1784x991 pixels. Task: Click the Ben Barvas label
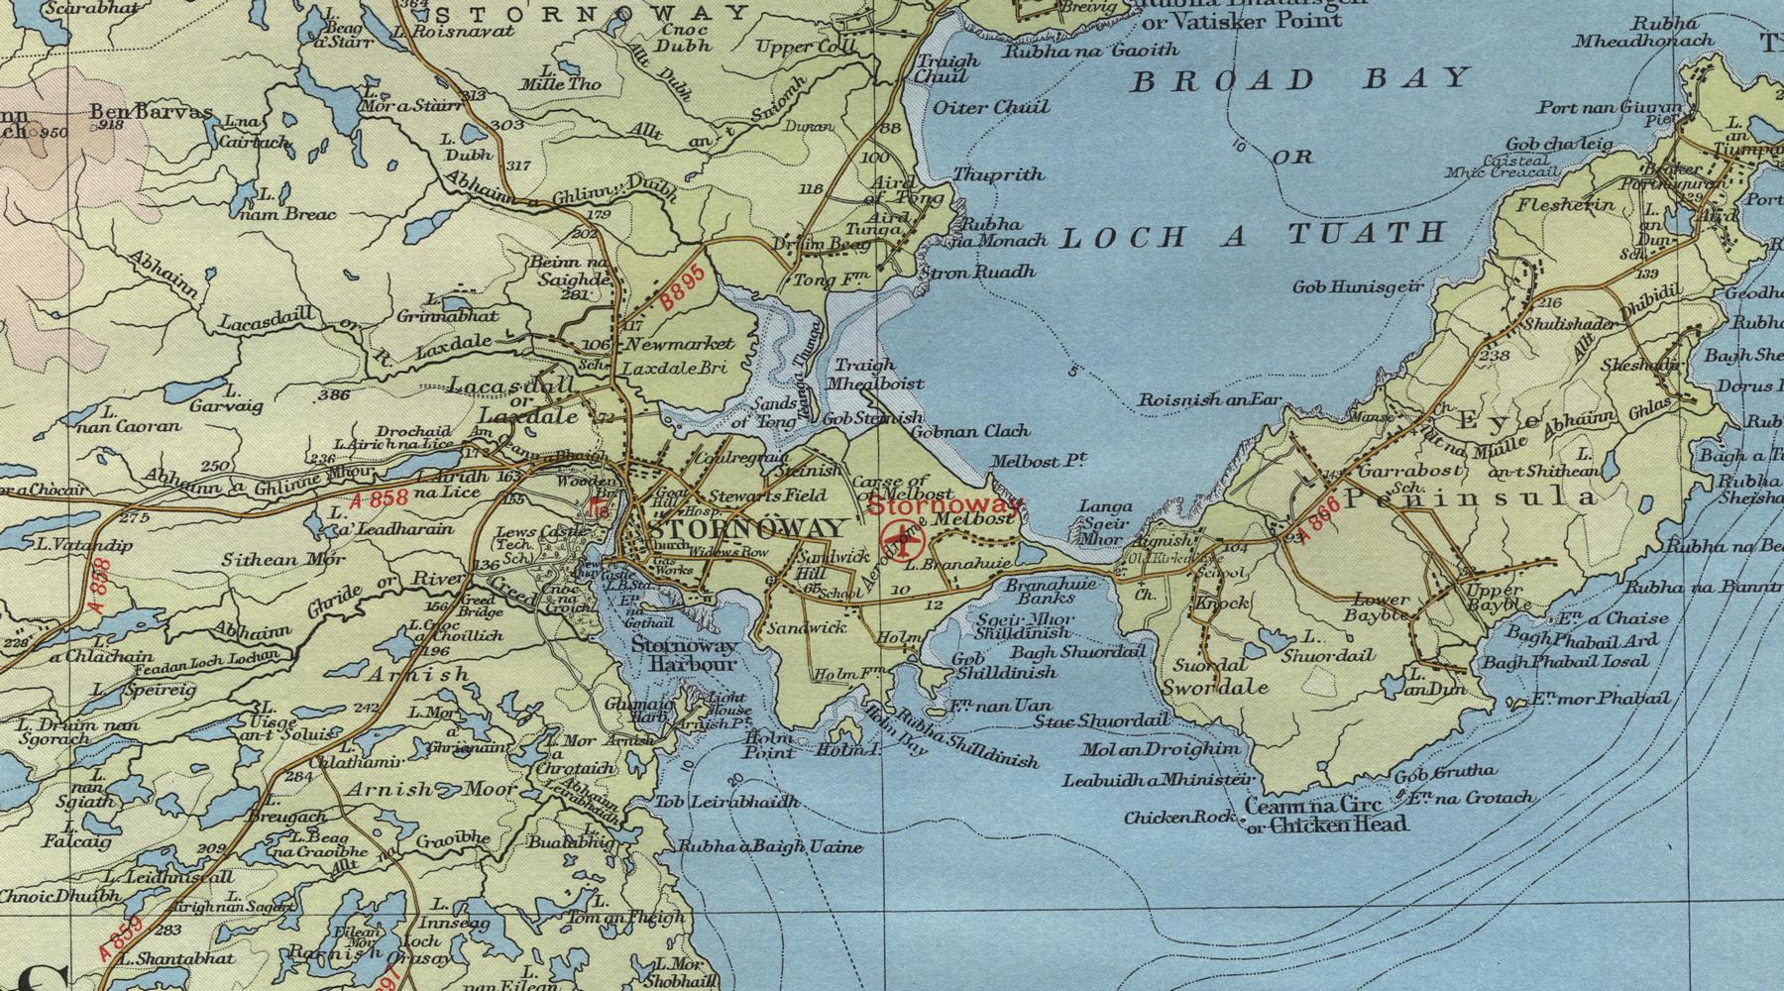151,112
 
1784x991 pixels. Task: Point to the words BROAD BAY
1299,80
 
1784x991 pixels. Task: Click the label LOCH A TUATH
1253,235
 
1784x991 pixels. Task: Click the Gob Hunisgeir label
1357,286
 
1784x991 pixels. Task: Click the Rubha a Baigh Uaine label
769,847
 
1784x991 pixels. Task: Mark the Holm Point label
769,745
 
